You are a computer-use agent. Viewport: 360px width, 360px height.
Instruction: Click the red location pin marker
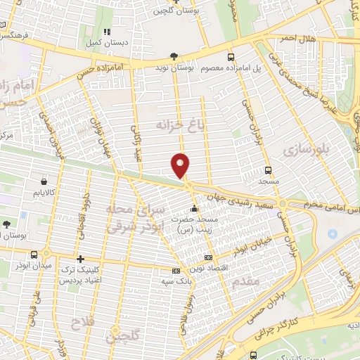pos(181,165)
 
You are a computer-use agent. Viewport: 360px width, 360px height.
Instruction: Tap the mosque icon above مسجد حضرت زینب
pos(194,209)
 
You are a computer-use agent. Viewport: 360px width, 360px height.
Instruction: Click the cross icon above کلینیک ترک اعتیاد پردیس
pos(81,260)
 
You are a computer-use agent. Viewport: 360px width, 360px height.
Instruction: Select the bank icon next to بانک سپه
pos(176,271)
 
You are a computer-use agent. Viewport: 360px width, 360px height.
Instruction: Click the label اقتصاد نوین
pos(207,270)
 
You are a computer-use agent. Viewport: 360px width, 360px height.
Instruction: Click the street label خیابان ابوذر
pos(250,246)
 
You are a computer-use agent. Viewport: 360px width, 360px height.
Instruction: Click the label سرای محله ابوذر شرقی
pos(134,218)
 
